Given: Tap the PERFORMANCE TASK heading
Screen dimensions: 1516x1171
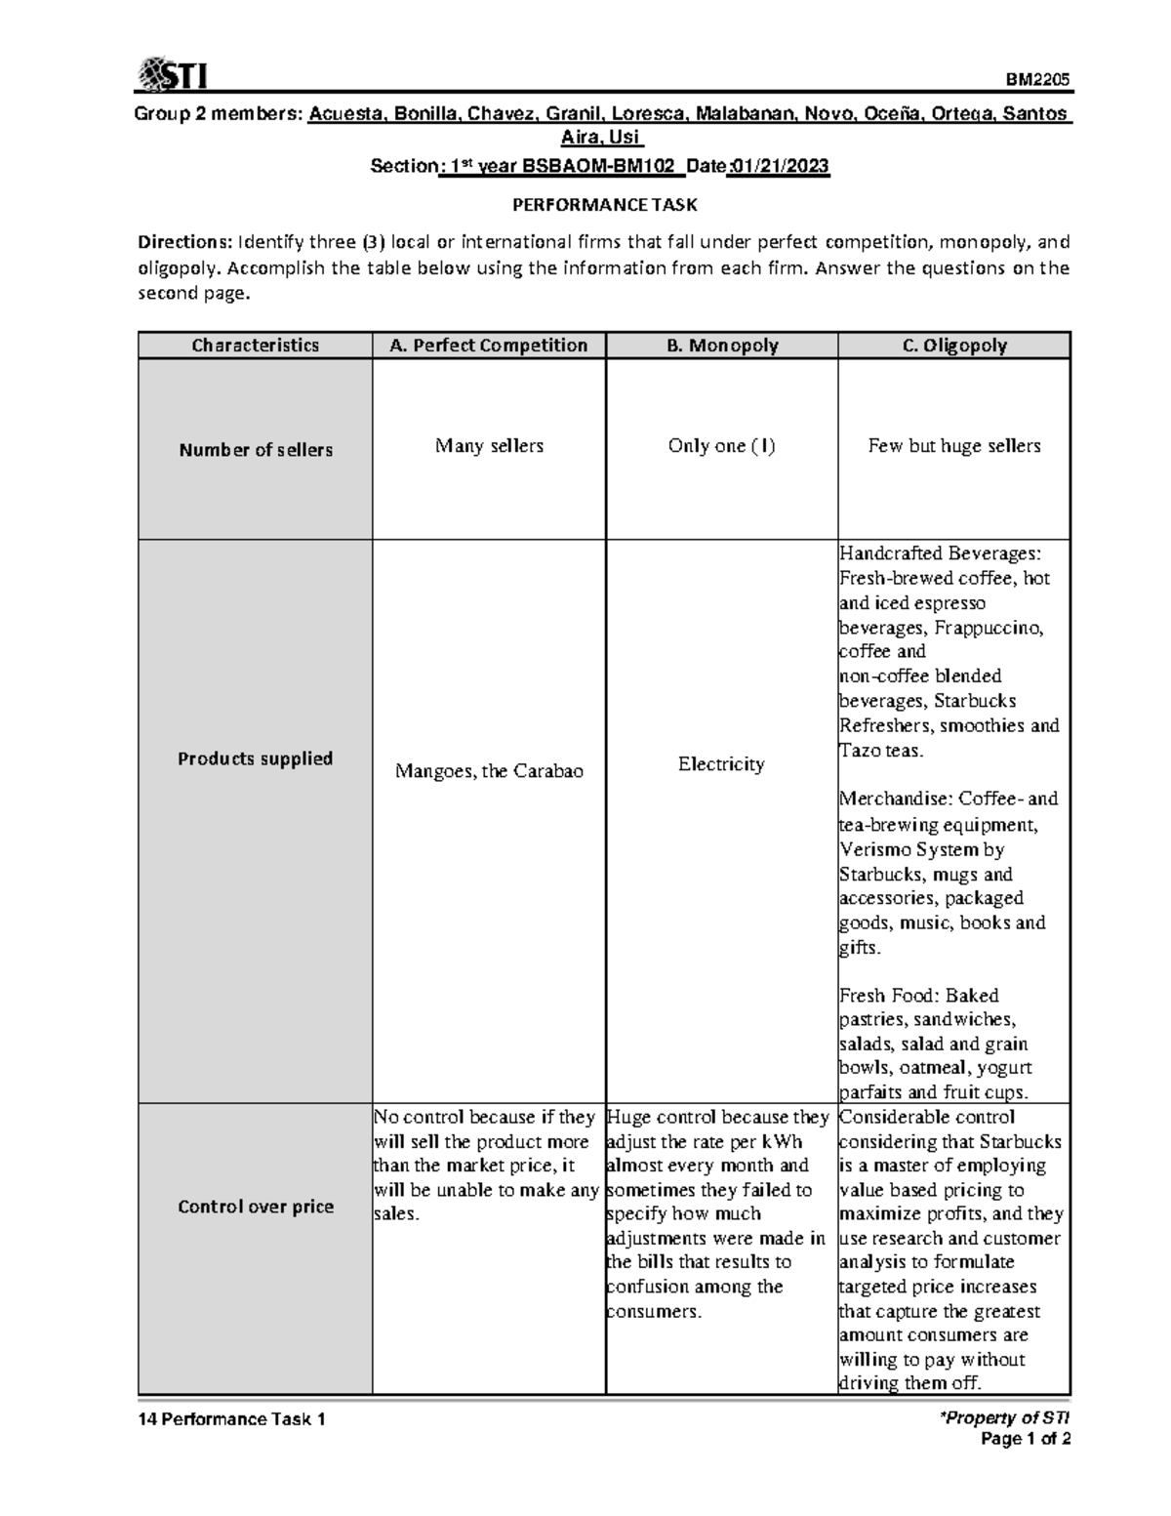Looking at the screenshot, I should pos(605,205).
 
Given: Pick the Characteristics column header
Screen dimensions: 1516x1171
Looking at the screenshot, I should pos(255,346).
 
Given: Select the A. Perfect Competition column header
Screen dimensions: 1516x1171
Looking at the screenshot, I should pos(488,346).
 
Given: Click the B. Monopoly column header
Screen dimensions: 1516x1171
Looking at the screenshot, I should pos(721,346).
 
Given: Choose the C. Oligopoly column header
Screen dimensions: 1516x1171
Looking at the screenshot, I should pos(953,346).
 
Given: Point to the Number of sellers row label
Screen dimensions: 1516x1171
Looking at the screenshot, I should pos(256,450).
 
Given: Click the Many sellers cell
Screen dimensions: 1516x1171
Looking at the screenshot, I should pos(489,446).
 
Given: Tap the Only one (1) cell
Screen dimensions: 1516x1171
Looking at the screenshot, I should pos(721,446).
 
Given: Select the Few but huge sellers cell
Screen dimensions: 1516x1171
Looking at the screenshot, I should pos(953,446).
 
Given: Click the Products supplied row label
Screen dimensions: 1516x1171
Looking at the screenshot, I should pos(255,758).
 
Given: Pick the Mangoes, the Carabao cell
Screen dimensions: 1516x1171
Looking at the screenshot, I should pos(489,771).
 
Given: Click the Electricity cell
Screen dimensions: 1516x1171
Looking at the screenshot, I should pos(721,764).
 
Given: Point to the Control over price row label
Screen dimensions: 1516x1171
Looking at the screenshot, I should pos(256,1207).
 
